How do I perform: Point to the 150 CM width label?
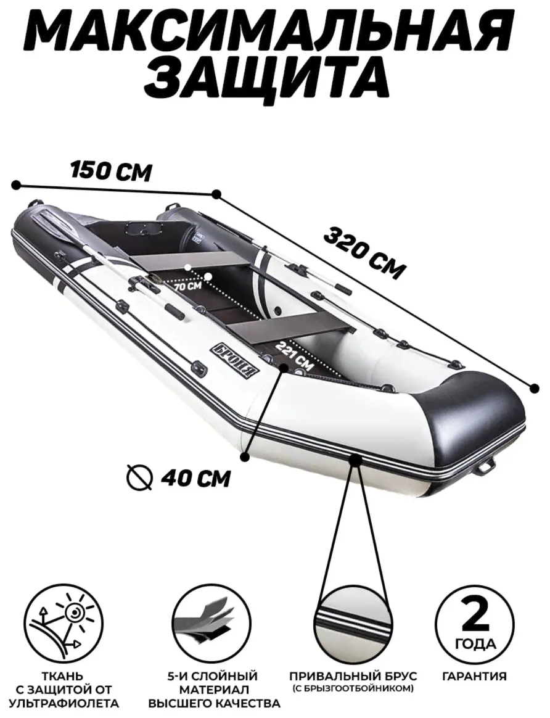tap(110, 171)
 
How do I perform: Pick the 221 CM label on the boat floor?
tap(295, 356)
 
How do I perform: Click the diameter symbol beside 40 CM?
tap(139, 478)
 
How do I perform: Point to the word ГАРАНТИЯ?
tap(475, 676)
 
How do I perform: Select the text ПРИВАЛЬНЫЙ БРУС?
tap(353, 676)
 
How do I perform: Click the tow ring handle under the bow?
tap(486, 466)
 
